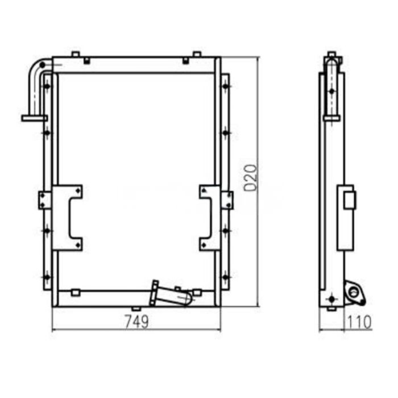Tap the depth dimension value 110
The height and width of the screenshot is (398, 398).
[359, 322]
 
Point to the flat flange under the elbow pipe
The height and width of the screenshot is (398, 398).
[34, 118]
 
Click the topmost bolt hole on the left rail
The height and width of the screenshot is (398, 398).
[47, 86]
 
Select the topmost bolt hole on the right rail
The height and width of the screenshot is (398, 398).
[226, 86]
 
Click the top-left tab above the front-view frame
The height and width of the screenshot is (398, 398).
[74, 55]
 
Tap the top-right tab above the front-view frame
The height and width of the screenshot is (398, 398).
[196, 55]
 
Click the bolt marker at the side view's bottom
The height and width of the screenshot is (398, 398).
[332, 297]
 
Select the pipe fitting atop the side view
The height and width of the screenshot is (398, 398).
[332, 59]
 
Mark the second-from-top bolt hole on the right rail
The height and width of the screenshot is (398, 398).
[226, 132]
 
